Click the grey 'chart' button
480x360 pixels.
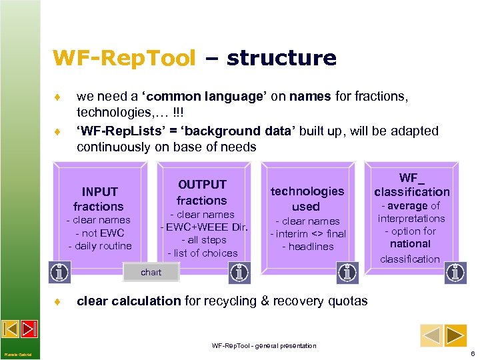click(151, 272)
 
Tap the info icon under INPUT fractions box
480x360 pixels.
click(60, 272)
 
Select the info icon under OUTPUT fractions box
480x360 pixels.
click(239, 272)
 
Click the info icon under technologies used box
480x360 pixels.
click(347, 272)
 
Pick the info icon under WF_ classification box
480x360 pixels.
click(455, 272)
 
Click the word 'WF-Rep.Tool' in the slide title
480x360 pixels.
click(125, 58)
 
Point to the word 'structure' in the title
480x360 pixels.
click(281, 58)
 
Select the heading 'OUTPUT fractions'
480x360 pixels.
click(201, 192)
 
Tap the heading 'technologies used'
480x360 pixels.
click(307, 199)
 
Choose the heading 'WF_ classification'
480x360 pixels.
click(411, 185)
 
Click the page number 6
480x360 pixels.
click(472, 353)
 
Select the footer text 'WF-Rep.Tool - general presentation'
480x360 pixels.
click(264, 345)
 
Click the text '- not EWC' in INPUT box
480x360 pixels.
click(99, 233)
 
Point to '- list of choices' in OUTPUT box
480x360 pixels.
click(203, 253)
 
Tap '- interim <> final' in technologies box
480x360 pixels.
click(307, 233)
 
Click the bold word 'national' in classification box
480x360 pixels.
click(410, 244)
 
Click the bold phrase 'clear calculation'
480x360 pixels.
click(129, 301)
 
